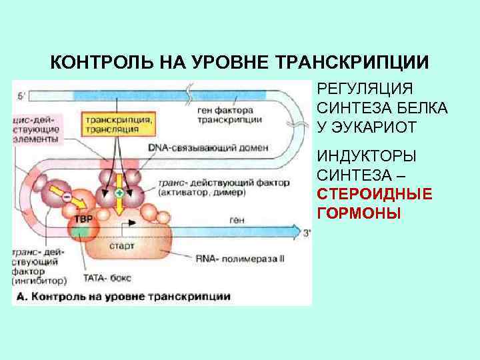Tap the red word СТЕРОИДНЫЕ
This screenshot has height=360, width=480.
[374, 194]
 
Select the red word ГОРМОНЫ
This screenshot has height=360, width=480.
[359, 213]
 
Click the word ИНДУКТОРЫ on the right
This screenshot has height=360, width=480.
[366, 156]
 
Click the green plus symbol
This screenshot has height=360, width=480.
[119, 192]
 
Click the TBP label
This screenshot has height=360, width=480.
[83, 219]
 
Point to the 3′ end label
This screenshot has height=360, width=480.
[307, 233]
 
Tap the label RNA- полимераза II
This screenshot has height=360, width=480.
[240, 257]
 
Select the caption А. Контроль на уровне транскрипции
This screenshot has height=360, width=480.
[123, 295]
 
